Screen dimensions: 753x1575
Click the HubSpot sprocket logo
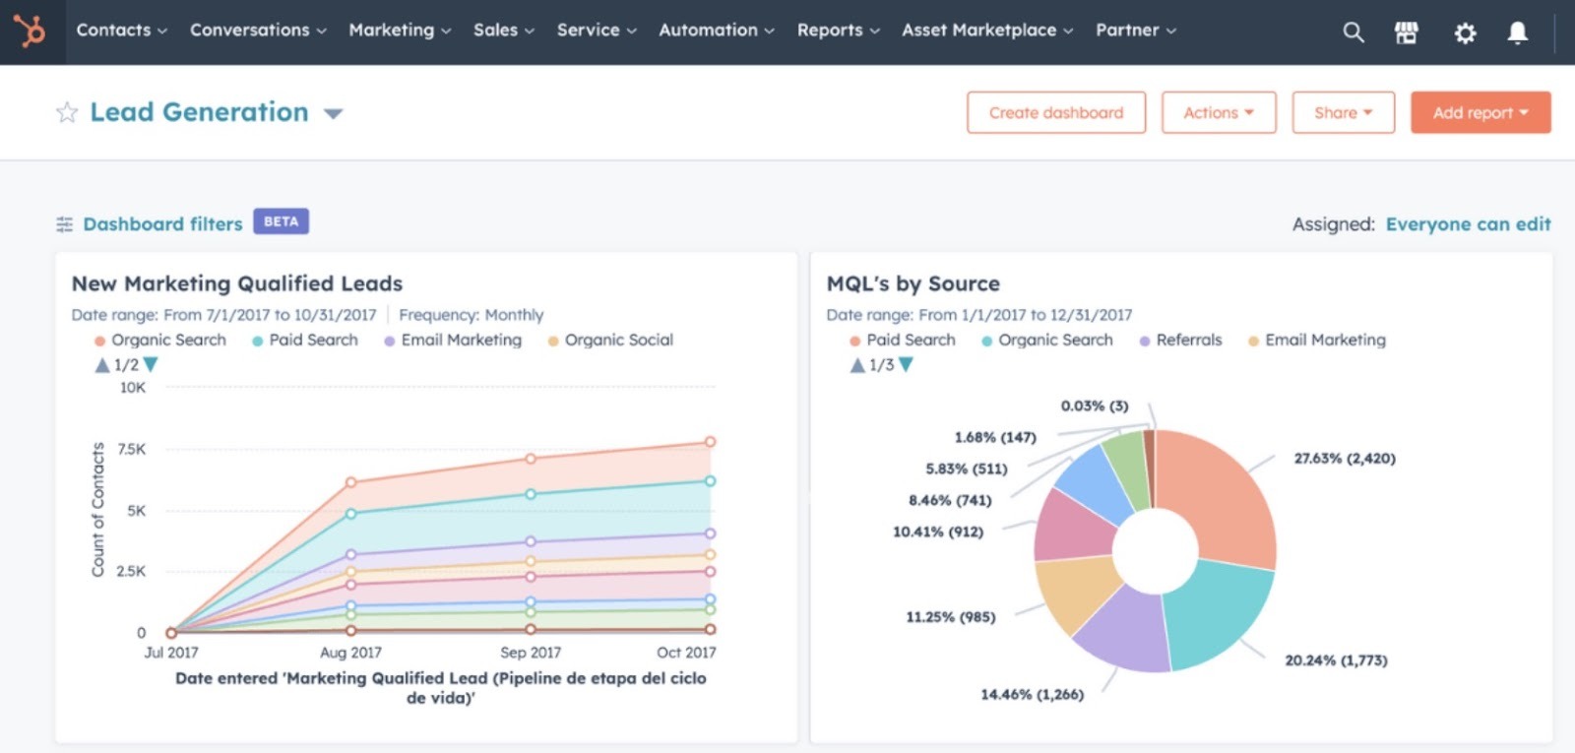(x=30, y=31)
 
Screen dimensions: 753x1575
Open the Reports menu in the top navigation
(x=838, y=31)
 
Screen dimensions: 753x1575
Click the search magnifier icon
(x=1354, y=32)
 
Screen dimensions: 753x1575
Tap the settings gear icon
(x=1465, y=33)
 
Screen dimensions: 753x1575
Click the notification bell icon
(x=1518, y=33)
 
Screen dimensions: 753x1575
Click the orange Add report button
(x=1480, y=113)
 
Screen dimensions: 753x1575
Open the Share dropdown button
(x=1343, y=113)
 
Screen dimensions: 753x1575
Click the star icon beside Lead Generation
(x=67, y=113)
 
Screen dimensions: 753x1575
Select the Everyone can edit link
(x=1468, y=224)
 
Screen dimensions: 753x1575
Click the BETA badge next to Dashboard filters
(x=281, y=221)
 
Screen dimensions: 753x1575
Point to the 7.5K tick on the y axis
(x=132, y=449)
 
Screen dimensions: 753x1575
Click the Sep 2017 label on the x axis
(x=531, y=653)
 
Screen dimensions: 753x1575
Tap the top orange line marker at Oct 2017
(x=710, y=442)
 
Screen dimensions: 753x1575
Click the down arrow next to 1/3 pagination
(x=907, y=365)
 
